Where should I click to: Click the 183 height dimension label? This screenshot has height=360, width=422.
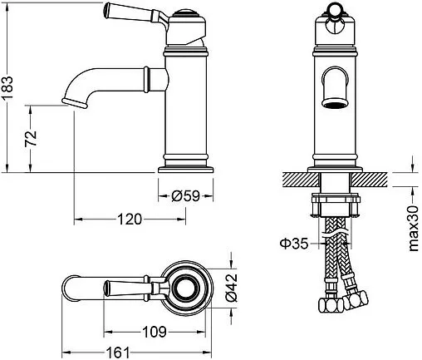click(x=7, y=87)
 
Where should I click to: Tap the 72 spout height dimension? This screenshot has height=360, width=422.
click(x=31, y=138)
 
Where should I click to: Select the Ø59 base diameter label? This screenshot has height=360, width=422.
click(x=185, y=196)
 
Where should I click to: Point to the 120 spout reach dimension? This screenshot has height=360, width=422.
click(x=130, y=219)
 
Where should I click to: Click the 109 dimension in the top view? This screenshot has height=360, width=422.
click(x=155, y=332)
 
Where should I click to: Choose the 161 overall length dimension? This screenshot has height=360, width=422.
click(x=118, y=353)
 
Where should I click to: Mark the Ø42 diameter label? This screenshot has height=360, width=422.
click(x=232, y=288)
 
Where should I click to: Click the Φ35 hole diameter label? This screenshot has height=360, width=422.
click(x=294, y=244)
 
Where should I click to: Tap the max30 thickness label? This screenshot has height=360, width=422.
click(x=414, y=229)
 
